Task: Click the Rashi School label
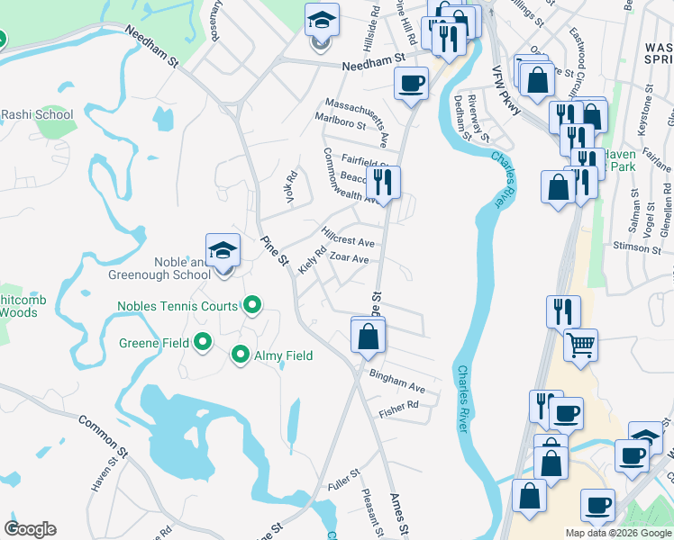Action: tap(37, 114)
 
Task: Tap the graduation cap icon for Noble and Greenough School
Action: tap(223, 251)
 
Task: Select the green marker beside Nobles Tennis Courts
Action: tap(253, 306)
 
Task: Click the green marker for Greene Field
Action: tap(203, 342)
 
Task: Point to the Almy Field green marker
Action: tap(241, 355)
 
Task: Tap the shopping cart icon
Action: tap(580, 344)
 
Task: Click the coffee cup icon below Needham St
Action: tap(411, 84)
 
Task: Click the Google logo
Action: tap(30, 529)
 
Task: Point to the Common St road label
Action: tap(97, 432)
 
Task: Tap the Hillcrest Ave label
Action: tap(348, 242)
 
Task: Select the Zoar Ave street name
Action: tap(350, 258)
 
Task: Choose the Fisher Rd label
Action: tap(399, 406)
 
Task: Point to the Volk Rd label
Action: tap(291, 188)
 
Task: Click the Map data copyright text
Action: tap(617, 532)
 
